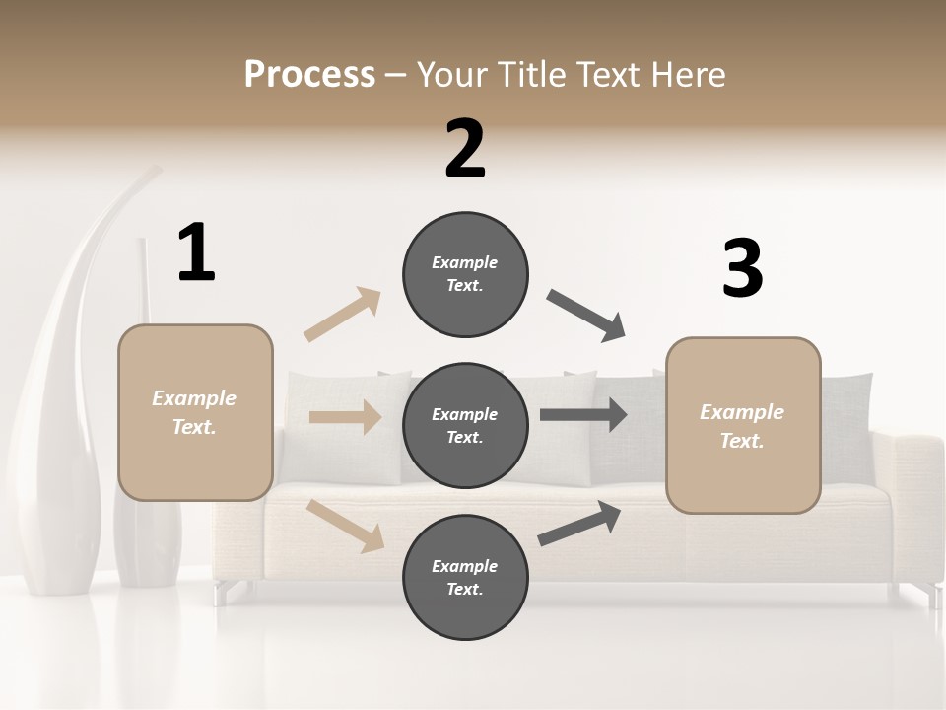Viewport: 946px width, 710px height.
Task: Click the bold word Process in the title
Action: pyautogui.click(x=309, y=74)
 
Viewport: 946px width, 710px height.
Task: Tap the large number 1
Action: pyautogui.click(x=196, y=252)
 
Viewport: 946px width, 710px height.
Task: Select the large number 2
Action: pyautogui.click(x=465, y=149)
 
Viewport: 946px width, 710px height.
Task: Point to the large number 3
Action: pyautogui.click(x=742, y=269)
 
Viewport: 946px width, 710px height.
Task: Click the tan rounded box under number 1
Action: pyautogui.click(x=195, y=412)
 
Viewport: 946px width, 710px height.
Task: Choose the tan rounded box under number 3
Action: pyautogui.click(x=743, y=425)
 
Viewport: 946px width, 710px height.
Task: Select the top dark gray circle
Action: pyautogui.click(x=465, y=274)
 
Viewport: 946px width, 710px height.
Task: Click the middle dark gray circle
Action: pyautogui.click(x=465, y=425)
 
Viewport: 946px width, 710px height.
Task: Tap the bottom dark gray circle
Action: pyautogui.click(x=465, y=577)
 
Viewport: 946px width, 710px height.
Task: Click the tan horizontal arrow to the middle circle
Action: pyautogui.click(x=345, y=417)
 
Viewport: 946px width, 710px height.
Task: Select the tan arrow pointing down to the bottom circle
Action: pyautogui.click(x=345, y=525)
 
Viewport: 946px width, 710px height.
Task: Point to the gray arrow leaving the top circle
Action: pyautogui.click(x=586, y=316)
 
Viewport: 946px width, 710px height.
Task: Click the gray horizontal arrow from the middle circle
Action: pyautogui.click(x=583, y=415)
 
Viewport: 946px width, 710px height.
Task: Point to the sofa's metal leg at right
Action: pyautogui.click(x=930, y=595)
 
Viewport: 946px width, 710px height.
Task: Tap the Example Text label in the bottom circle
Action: pyautogui.click(x=465, y=577)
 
